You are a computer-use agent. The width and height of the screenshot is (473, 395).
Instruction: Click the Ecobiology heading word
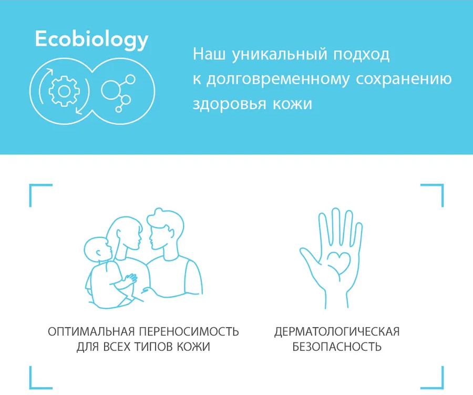91,39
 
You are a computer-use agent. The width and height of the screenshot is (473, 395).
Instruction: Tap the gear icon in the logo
64,91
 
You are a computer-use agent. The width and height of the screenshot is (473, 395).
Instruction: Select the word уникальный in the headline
280,55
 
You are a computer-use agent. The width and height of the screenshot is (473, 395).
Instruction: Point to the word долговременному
278,79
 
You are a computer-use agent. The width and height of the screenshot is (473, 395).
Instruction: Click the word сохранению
404,79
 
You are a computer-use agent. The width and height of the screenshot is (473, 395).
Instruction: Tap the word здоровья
229,105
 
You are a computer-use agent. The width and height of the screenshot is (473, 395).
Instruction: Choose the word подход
361,55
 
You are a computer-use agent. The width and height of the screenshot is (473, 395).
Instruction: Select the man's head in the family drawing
166,229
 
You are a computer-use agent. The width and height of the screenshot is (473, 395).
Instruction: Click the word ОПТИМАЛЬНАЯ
91,331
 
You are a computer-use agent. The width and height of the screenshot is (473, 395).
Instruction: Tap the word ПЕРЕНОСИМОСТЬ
189,331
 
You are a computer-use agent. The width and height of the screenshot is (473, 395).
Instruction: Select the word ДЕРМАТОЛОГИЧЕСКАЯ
337,331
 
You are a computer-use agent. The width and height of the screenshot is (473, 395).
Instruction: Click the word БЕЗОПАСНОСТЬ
337,347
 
